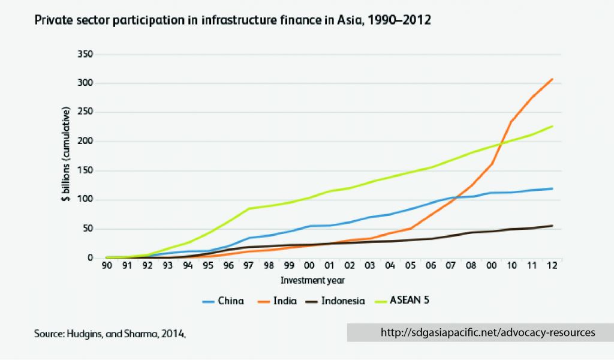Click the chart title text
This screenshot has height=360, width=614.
coord(233,20)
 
